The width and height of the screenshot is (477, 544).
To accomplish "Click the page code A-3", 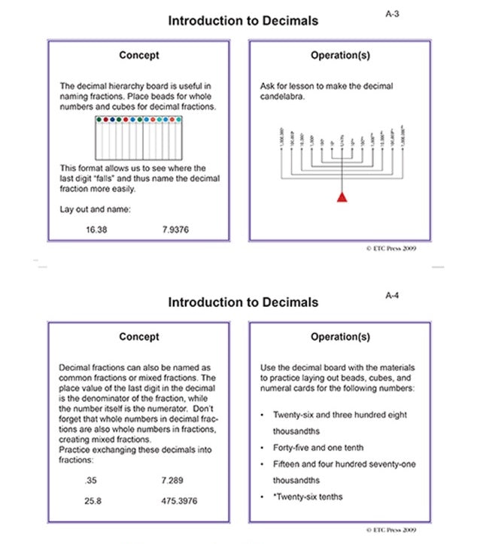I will pos(392,14).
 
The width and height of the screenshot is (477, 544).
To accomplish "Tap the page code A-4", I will pos(392,295).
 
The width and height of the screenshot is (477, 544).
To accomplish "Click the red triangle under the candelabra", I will pos(342,197).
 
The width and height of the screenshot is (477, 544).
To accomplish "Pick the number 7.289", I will pos(172,479).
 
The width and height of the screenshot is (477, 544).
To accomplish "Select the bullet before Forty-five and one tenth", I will pos(260,448).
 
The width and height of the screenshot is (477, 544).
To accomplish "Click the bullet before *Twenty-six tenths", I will pos(260,497).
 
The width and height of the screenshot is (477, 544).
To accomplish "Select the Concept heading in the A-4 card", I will pos(139,337).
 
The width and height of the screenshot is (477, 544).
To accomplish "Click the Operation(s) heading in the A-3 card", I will pos(340,56).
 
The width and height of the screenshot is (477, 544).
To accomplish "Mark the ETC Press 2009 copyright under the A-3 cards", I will pos(390,247).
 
